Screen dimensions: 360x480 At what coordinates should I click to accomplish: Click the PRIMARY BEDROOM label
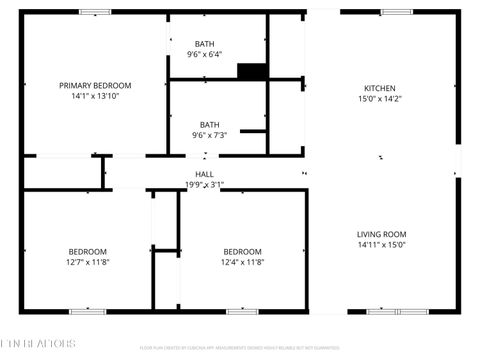[x=95, y=86]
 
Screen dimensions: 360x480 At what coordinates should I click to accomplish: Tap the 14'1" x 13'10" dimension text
[x=95, y=97]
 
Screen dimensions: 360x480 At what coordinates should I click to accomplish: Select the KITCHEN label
[x=380, y=88]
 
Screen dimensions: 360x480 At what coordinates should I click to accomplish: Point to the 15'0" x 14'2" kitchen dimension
[x=380, y=99]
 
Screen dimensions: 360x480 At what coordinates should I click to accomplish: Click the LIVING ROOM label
[x=381, y=234]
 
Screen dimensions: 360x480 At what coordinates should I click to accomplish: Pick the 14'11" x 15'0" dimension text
[x=381, y=245]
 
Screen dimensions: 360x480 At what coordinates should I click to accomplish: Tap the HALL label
[x=204, y=173]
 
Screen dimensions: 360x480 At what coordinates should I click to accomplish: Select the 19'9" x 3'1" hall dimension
[x=204, y=184]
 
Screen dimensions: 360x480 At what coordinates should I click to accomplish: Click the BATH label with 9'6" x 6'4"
[x=204, y=44]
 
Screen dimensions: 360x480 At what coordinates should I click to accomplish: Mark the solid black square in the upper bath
[x=251, y=71]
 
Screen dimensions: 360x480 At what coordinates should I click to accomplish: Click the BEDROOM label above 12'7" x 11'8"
[x=88, y=251]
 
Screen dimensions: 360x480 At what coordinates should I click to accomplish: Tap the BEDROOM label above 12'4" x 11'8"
[x=242, y=251]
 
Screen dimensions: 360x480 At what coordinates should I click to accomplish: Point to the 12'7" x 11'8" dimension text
[x=88, y=262]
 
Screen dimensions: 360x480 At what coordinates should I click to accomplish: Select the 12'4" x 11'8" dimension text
[x=242, y=262]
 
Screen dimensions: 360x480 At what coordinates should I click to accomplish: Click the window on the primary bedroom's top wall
[x=95, y=12]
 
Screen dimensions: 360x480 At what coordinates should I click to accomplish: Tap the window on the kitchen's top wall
[x=396, y=12]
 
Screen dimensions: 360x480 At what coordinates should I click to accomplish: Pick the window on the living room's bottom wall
[x=396, y=311]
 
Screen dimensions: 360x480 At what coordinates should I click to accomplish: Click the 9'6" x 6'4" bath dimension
[x=204, y=55]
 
